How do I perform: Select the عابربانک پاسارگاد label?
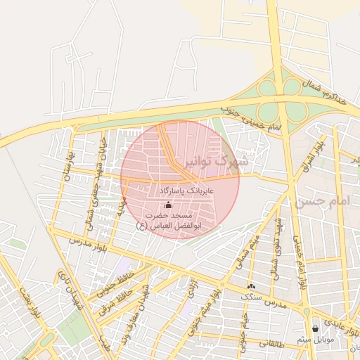tap(186, 191)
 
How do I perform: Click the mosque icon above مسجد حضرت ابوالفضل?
tap(167, 205)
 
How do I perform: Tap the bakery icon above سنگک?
tap(251, 286)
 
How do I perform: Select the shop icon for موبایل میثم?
tap(314, 328)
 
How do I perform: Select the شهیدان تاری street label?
tap(70, 288)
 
